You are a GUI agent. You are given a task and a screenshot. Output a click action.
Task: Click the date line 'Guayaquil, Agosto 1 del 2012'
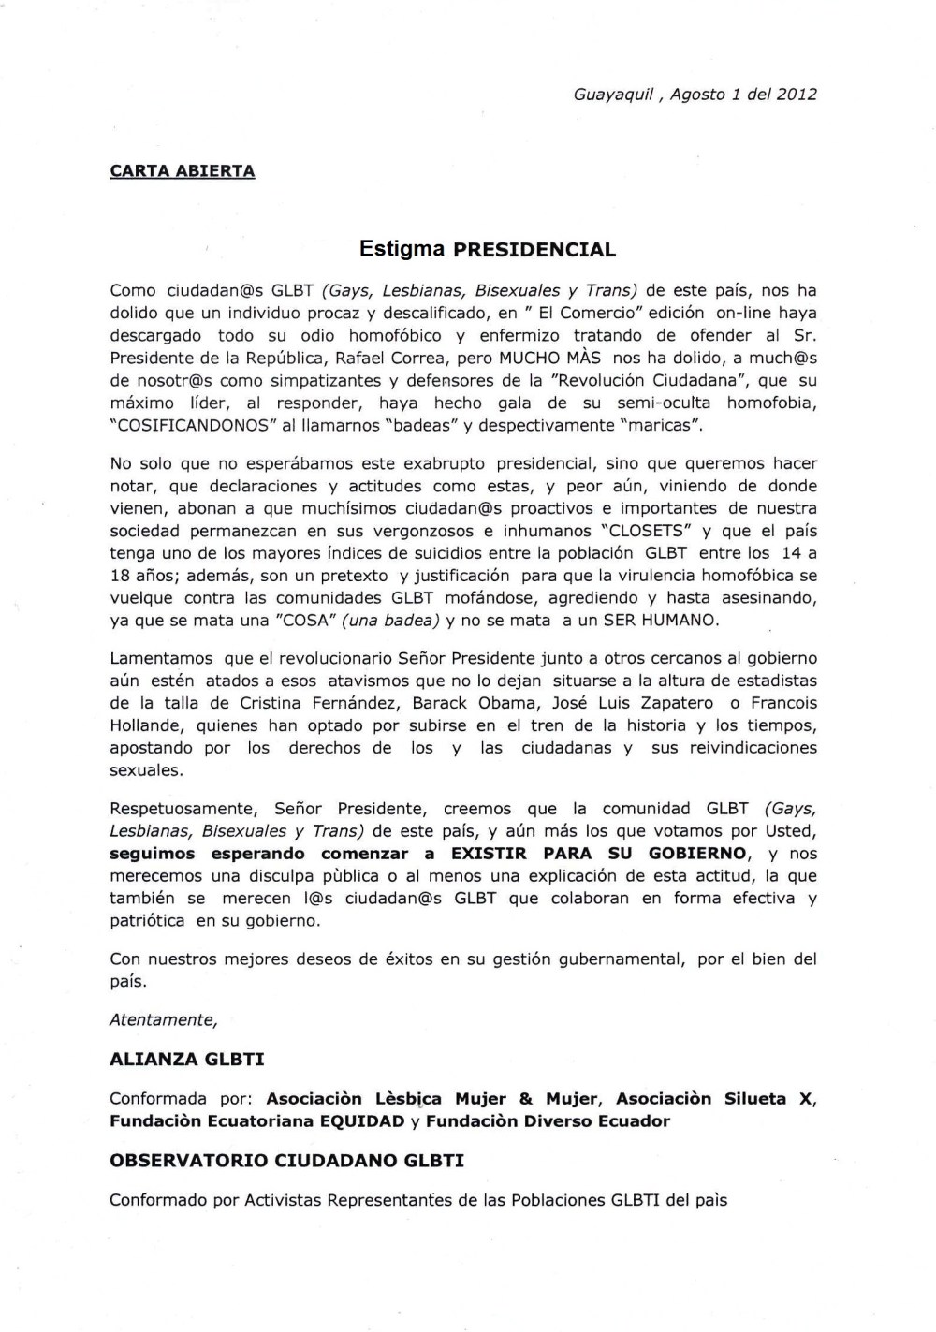(x=695, y=95)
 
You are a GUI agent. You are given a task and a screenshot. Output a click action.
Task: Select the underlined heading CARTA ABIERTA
(x=183, y=171)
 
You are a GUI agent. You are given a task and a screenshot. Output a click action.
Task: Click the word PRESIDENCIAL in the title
(x=534, y=250)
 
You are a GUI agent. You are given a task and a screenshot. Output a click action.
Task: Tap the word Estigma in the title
(x=402, y=250)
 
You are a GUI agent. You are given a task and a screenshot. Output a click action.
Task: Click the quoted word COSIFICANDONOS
(x=183, y=425)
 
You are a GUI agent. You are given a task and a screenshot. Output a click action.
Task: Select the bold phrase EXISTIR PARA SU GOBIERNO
(x=599, y=854)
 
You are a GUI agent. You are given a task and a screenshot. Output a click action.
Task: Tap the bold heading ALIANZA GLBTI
(x=186, y=1060)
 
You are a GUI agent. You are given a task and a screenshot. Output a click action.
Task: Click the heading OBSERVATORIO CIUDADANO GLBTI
(x=286, y=1161)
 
